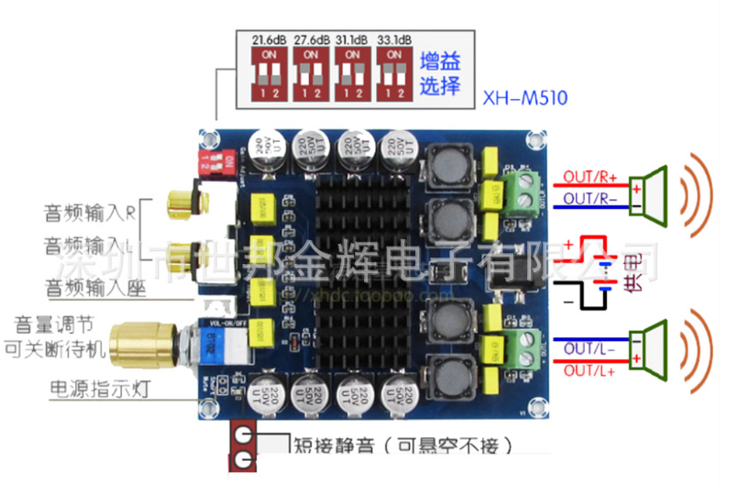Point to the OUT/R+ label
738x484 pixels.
coord(590,175)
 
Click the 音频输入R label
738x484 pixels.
coord(90,214)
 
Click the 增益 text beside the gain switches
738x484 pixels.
coord(439,62)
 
